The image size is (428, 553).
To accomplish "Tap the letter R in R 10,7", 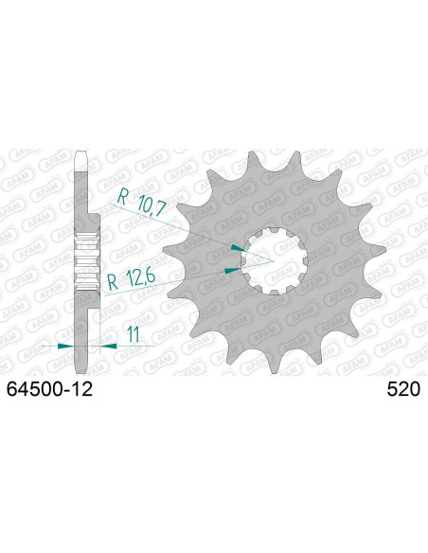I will [x=122, y=199].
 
